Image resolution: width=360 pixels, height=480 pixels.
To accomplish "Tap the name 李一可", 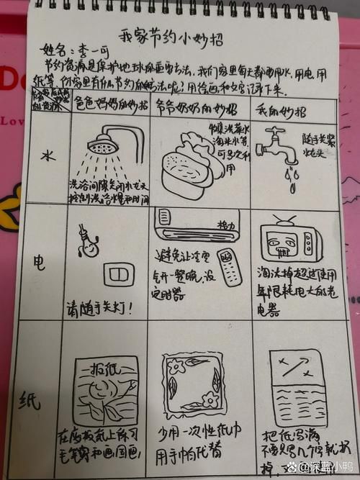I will coord(89,51).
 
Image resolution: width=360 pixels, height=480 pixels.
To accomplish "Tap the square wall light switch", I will coord(114,274).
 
